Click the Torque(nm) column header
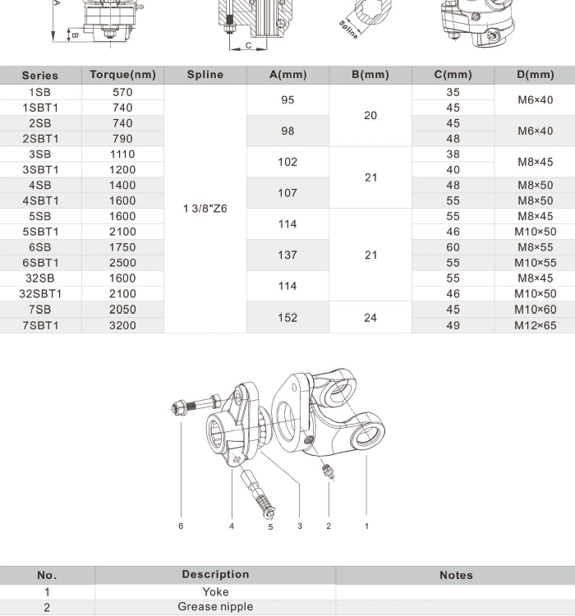click(x=122, y=75)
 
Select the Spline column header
click(x=205, y=75)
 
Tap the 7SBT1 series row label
click(x=40, y=325)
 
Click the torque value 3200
click(x=122, y=325)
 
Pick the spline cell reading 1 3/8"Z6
click(x=205, y=209)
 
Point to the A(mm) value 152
click(x=287, y=317)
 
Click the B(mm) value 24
click(x=370, y=317)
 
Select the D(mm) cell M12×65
click(x=536, y=325)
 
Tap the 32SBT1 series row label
click(x=40, y=294)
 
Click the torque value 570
click(x=122, y=92)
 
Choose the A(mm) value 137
click(x=287, y=255)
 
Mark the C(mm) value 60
click(x=453, y=247)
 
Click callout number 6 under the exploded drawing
click(x=181, y=526)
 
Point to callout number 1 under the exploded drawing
click(x=366, y=526)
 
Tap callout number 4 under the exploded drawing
click(x=232, y=526)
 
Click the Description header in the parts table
click(x=215, y=575)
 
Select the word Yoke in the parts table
click(x=215, y=591)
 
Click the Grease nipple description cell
click(x=215, y=607)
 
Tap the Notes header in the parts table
click(x=456, y=575)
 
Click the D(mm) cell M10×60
click(x=536, y=310)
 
